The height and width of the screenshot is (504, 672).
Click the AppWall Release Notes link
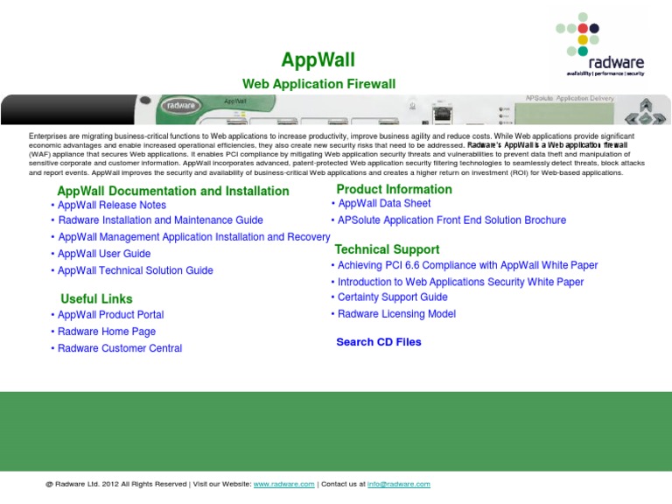[112, 205]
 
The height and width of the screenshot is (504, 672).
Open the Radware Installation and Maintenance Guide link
[161, 220]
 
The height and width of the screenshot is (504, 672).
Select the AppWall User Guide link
[104, 254]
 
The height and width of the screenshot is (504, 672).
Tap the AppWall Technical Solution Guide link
[136, 270]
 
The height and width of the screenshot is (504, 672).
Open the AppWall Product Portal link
[111, 315]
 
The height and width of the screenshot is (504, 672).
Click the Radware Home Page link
[107, 332]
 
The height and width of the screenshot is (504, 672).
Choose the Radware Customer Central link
[120, 348]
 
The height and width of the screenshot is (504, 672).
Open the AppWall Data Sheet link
[384, 203]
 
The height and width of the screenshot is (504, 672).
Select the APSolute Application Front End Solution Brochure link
[451, 220]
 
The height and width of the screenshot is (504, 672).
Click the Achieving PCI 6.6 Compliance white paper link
[467, 265]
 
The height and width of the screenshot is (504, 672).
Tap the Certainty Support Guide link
[393, 297]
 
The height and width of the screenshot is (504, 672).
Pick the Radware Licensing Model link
[397, 314]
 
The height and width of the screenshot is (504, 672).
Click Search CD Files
[379, 342]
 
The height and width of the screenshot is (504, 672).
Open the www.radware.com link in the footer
[284, 484]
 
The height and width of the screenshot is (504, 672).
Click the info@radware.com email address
[399, 484]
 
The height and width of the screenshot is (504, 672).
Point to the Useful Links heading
[96, 298]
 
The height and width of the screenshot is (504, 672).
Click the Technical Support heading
[387, 249]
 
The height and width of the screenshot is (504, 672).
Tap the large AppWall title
[318, 60]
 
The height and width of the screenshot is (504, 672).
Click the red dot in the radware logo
[583, 28]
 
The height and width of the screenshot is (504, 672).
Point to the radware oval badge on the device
[181, 105]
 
